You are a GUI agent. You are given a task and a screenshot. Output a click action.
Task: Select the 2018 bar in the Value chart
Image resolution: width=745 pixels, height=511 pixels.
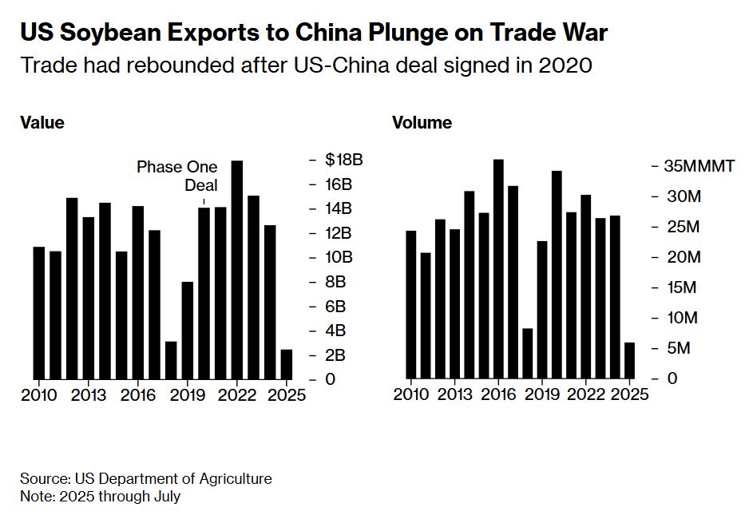(171, 360)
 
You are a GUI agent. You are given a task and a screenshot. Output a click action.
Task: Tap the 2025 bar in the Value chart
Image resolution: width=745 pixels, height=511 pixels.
(286, 364)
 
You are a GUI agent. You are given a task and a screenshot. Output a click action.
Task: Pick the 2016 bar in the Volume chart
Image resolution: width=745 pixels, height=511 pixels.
(498, 269)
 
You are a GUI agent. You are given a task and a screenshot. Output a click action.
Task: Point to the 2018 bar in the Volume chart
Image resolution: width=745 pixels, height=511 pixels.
(527, 354)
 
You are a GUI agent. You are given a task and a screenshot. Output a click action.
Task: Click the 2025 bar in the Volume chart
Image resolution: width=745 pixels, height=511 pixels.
(629, 360)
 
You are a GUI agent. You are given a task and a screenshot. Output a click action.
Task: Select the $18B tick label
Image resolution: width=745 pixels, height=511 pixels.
(343, 160)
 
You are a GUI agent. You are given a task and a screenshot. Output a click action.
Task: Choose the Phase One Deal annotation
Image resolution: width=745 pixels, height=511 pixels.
(176, 176)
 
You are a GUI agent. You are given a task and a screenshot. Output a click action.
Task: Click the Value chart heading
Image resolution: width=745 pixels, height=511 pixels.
(42, 123)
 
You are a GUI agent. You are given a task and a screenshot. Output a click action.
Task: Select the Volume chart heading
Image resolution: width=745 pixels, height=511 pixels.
(422, 123)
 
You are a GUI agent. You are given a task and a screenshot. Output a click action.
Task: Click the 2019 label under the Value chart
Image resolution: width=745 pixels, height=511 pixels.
(188, 395)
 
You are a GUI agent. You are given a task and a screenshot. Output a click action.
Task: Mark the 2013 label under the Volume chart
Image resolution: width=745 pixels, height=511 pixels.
(455, 395)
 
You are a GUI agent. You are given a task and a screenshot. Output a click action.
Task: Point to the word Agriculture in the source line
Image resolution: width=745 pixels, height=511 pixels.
(232, 479)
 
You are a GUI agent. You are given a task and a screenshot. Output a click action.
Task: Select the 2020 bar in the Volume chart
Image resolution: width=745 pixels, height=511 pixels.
(557, 275)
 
